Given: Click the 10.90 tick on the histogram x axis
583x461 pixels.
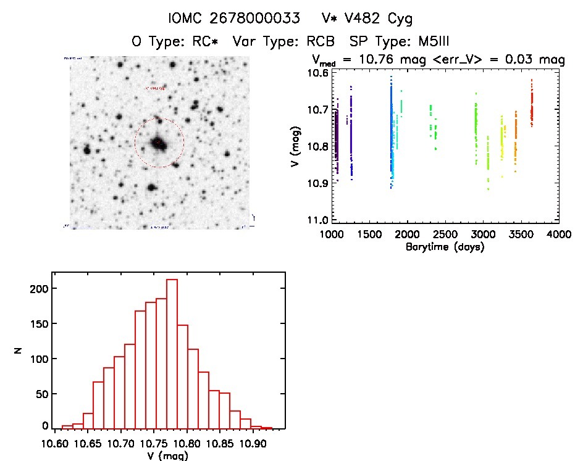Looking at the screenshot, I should (253, 443).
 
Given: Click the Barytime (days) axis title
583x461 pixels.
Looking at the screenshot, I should (445, 246).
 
